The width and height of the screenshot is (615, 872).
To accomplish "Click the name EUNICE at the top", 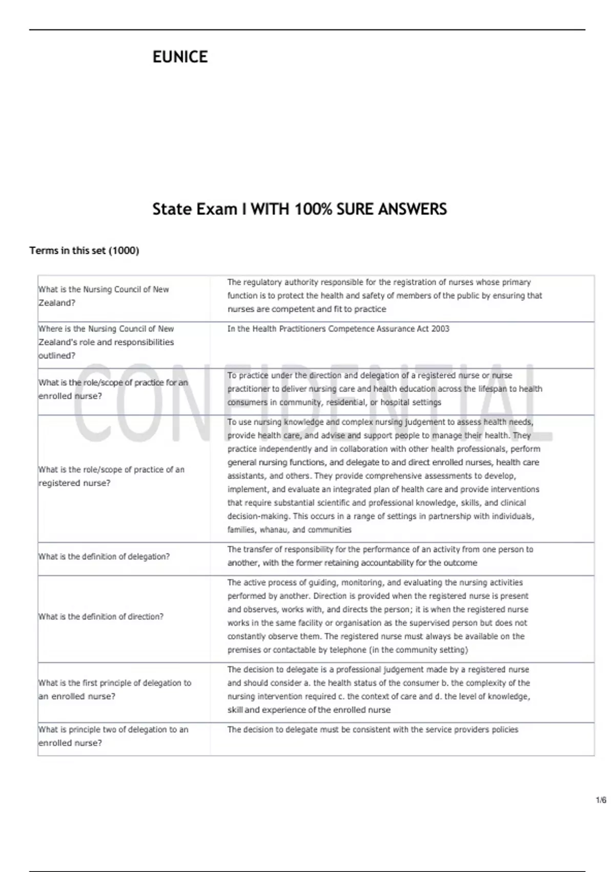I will [x=180, y=57].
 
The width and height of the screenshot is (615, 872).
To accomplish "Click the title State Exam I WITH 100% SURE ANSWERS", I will [x=299, y=209].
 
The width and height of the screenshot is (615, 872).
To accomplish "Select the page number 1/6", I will [x=601, y=800].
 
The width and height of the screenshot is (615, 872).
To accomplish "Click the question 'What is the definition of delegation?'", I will [x=104, y=557].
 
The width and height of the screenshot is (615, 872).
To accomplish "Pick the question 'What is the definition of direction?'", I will [x=101, y=617].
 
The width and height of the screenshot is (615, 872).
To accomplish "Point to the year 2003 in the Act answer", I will [x=440, y=329].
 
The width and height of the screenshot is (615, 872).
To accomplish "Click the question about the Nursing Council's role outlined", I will [x=106, y=342].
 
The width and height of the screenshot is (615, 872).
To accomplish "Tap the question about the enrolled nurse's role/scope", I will [x=113, y=389].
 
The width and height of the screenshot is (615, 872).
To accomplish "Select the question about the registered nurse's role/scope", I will [x=111, y=476].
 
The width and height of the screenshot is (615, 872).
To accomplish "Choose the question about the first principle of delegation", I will [x=115, y=689].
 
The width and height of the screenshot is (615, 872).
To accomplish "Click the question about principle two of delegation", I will [x=113, y=736].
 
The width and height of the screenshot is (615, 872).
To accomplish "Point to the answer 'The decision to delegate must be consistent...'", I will [x=373, y=729].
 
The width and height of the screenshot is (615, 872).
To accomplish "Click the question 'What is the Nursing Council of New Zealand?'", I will [x=104, y=296].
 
